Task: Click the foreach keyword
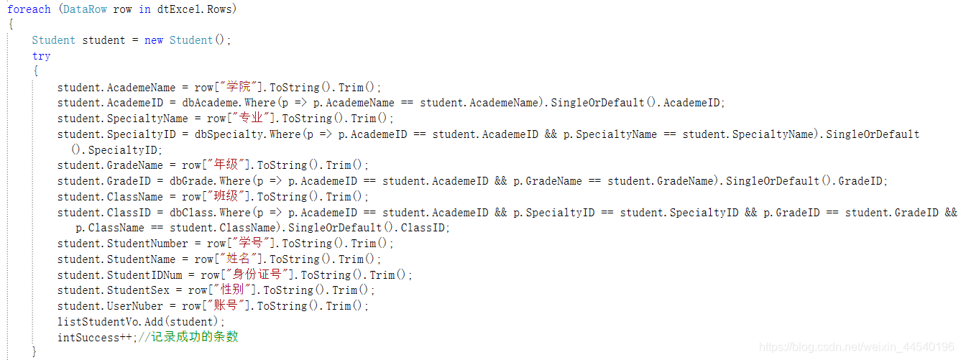tap(29, 9)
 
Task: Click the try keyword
tap(41, 56)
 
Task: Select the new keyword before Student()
tap(154, 40)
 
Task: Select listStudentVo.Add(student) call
tap(140, 322)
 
